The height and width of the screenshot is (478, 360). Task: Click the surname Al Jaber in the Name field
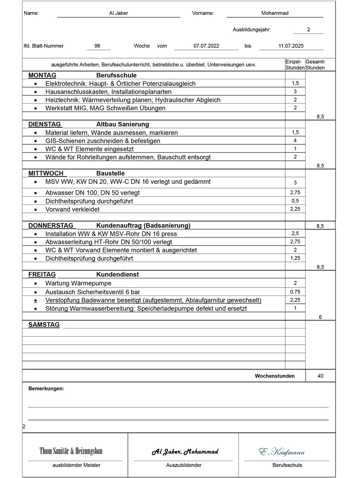118,13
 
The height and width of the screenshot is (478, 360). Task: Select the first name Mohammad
275,13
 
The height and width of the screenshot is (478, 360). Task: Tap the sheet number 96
97,46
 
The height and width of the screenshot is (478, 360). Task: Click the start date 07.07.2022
206,46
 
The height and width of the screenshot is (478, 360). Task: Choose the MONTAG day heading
42,76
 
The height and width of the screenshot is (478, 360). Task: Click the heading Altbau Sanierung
123,124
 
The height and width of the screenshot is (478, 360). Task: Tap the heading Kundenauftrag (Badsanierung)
143,226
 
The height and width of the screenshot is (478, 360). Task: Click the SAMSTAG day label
44,325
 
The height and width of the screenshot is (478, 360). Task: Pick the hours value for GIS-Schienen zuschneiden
295,140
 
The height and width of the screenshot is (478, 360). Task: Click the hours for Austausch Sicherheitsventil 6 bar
295,292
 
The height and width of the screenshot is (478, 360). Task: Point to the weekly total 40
320,376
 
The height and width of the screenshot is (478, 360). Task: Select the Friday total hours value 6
320,317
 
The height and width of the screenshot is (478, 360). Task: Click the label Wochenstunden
275,376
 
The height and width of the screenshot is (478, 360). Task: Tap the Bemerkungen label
46,389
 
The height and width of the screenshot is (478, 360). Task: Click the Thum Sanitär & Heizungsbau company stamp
71,451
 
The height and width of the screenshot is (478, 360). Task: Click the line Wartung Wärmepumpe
73,283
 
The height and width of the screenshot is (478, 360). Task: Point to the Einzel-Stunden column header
295,64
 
